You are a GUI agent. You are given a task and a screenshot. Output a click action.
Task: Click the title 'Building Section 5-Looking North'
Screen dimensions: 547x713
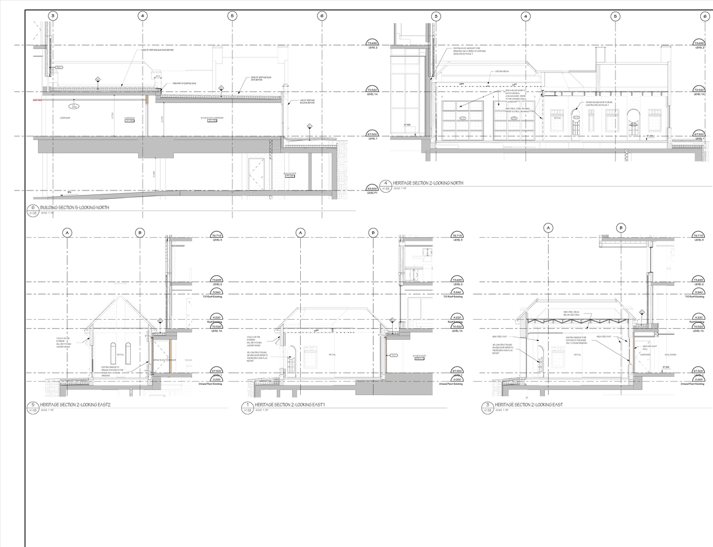pyautogui.click(x=74, y=208)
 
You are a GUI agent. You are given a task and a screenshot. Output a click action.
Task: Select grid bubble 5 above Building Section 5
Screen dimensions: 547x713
pyautogui.click(x=232, y=16)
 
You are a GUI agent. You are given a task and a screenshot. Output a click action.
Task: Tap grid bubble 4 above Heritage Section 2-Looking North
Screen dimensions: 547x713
pyautogui.click(x=525, y=16)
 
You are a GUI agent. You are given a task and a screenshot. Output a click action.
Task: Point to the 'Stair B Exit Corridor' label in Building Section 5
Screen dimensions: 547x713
pyautogui.click(x=212, y=119)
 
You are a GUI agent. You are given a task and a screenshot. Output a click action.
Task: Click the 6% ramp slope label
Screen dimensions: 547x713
pyautogui.click(x=69, y=193)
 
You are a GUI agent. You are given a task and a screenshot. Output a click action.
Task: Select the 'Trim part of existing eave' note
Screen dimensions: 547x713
pyautogui.click(x=184, y=84)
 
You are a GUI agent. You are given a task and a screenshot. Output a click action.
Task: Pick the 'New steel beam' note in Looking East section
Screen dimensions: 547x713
pyautogui.click(x=572, y=313)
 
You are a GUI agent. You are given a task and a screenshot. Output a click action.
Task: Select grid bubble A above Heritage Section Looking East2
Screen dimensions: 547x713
pyautogui.click(x=67, y=232)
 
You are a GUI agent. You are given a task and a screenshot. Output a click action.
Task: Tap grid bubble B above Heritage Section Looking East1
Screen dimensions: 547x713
pyautogui.click(x=373, y=232)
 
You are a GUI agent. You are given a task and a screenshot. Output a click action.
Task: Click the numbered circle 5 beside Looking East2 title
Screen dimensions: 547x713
pyautogui.click(x=33, y=405)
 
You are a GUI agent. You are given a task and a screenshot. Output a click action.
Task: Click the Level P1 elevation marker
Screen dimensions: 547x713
pyautogui.click(x=372, y=191)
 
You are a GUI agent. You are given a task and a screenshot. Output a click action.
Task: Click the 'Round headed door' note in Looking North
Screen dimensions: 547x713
pyautogui.click(x=599, y=104)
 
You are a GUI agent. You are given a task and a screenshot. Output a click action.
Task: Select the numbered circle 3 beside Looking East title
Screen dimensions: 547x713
pyautogui.click(x=487, y=405)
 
